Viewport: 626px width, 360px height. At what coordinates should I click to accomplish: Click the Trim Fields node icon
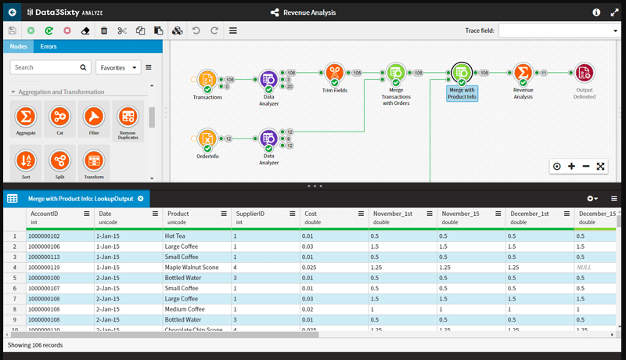click(334, 75)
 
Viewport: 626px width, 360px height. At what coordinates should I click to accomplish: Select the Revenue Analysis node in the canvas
click(523, 75)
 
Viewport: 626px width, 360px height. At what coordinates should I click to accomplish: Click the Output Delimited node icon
click(584, 74)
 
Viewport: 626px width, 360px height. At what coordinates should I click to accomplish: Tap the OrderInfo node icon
click(207, 139)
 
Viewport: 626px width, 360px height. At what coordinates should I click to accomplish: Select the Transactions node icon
click(207, 79)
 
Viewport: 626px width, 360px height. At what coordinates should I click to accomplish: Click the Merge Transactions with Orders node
click(396, 74)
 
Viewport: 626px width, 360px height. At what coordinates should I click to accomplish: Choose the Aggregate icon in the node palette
click(26, 117)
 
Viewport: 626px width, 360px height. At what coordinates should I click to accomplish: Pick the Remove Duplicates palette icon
click(127, 117)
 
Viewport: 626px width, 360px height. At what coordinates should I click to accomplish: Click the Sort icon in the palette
click(26, 161)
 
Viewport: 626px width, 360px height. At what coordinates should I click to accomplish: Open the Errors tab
click(48, 47)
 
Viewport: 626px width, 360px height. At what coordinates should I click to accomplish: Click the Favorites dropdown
click(117, 67)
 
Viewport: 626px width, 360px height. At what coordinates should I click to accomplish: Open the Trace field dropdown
click(559, 31)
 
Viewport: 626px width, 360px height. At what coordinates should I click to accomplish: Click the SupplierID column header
click(250, 214)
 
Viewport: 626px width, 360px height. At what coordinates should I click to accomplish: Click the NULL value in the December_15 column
click(583, 267)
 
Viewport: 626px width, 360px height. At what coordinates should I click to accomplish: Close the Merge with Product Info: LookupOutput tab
click(140, 199)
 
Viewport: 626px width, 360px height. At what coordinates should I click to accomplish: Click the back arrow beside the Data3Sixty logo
click(12, 13)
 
